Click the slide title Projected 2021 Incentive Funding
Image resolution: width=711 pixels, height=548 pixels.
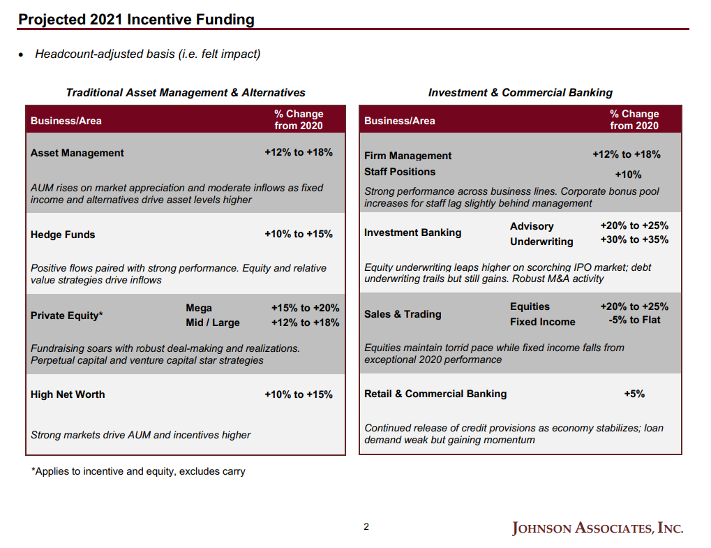[136, 20]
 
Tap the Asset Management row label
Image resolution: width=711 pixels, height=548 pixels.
[77, 153]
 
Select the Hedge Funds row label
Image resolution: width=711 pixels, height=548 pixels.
[63, 235]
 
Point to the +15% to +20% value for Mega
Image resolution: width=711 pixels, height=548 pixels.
[305, 308]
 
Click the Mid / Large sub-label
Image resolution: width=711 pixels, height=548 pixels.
[213, 323]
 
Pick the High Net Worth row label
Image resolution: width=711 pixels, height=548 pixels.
[68, 394]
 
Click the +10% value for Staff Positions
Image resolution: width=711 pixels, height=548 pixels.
[627, 175]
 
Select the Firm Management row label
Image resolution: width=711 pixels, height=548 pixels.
[407, 156]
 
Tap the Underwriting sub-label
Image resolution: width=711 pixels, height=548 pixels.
[541, 242]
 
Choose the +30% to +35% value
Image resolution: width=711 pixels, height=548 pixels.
[634, 239]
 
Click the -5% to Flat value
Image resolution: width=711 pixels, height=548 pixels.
[634, 320]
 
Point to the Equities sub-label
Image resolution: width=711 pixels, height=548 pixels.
[530, 306]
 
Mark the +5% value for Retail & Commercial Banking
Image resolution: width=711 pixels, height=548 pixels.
[634, 394]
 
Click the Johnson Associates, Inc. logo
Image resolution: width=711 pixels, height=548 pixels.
[597, 528]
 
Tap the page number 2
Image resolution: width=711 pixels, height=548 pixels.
[366, 527]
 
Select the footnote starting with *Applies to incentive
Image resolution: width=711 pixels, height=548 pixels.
[138, 471]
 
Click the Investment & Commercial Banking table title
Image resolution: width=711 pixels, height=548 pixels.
[520, 92]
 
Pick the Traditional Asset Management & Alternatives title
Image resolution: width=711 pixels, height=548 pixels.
[186, 92]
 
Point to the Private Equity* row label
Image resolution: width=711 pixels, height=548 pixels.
[66, 316]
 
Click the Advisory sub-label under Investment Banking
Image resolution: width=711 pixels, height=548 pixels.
[532, 226]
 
